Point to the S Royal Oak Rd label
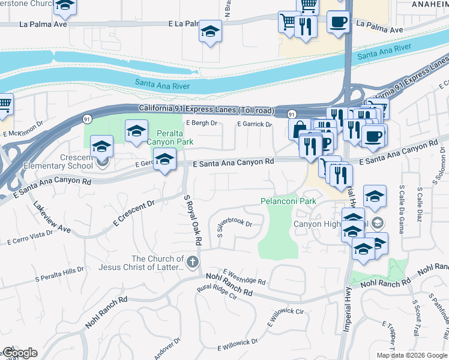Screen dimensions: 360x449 point(190,220)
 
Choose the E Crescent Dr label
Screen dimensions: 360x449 point(133,214)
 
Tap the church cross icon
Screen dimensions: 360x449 point(192,262)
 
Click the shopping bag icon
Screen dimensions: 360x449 point(299,128)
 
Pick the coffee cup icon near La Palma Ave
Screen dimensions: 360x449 point(338,22)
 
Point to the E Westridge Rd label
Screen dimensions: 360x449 point(244,277)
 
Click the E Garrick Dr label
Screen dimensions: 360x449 point(255,124)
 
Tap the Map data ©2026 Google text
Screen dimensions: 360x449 point(411,355)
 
